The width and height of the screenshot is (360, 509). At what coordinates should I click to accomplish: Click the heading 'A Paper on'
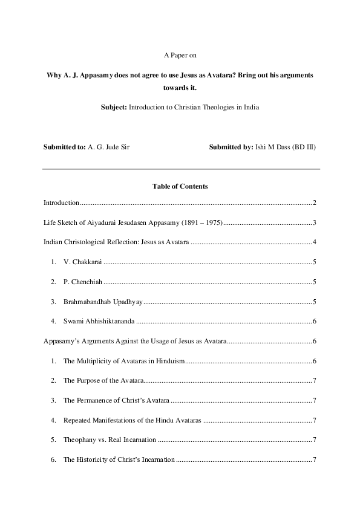click(180, 55)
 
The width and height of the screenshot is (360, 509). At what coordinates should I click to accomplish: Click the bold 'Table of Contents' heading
click(180, 186)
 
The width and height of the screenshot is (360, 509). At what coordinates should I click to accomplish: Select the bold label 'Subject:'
click(113, 107)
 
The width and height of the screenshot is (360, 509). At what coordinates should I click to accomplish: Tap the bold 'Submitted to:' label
click(64, 147)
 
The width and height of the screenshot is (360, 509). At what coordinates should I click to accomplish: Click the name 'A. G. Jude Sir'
click(108, 147)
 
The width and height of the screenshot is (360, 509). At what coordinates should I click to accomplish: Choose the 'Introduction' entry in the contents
click(61, 203)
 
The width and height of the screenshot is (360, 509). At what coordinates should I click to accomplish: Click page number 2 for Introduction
click(315, 203)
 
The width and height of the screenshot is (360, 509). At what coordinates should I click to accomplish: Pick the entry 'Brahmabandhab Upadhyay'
click(101, 302)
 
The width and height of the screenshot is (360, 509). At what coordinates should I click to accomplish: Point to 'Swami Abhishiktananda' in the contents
click(99, 322)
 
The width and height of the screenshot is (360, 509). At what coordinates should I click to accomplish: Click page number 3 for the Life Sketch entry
click(315, 223)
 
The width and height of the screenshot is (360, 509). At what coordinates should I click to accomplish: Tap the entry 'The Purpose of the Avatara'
click(103, 380)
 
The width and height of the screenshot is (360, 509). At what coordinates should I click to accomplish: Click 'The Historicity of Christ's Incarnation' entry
click(119, 459)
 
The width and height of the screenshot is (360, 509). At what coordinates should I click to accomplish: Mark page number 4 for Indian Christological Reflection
click(315, 242)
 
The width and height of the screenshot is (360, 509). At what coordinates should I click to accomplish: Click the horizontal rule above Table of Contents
click(180, 169)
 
